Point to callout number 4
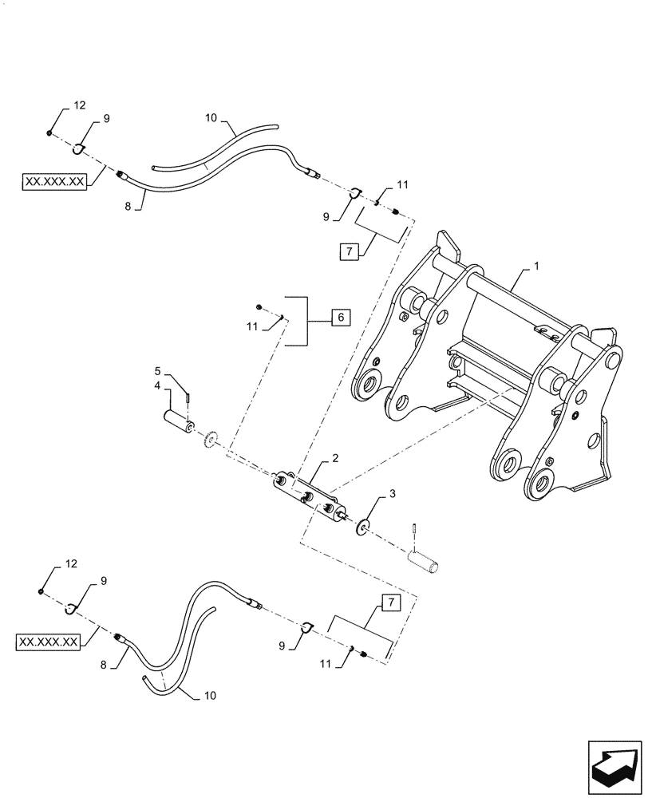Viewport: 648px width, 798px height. tap(158, 385)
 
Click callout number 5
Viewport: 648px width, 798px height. tap(158, 371)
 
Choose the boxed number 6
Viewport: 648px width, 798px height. tap(339, 318)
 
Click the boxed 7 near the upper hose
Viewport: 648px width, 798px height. tap(349, 252)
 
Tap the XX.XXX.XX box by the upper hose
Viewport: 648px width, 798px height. tap(55, 181)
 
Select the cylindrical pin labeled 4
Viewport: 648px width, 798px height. tap(178, 421)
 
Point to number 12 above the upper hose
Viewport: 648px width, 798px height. tap(78, 105)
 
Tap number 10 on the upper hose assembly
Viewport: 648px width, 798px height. tap(211, 118)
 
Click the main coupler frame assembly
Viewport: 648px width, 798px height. tap(495, 375)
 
